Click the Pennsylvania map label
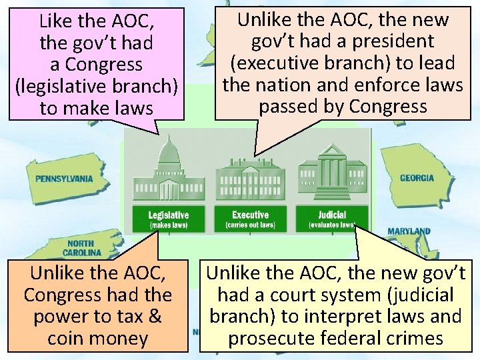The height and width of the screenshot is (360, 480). click(x=64, y=179)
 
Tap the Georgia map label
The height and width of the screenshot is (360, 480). click(x=417, y=178)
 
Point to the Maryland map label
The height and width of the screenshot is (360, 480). click(x=409, y=231)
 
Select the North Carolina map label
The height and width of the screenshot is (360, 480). click(x=81, y=248)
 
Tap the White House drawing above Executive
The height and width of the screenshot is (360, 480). click(x=249, y=177)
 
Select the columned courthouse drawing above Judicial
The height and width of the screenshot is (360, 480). click(x=332, y=172)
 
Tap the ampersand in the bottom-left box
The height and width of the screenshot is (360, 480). click(x=155, y=316)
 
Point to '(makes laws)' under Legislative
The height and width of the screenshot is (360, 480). click(x=168, y=225)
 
